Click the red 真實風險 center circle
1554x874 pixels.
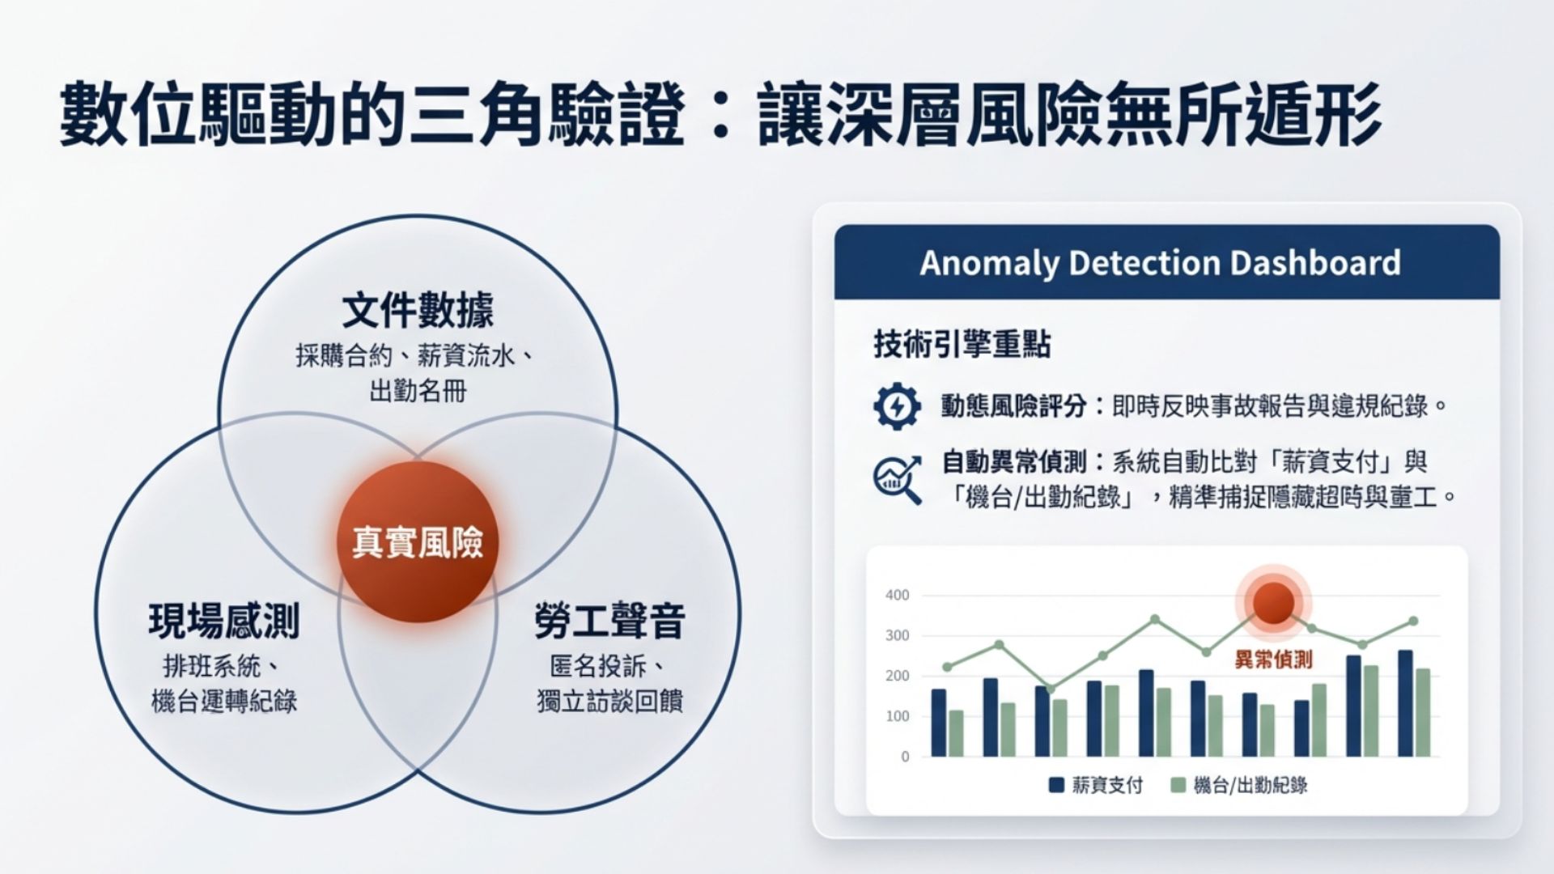click(x=418, y=542)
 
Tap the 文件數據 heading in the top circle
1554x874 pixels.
click(x=418, y=311)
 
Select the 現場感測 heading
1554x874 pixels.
click(x=224, y=621)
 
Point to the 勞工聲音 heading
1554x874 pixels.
click(x=609, y=621)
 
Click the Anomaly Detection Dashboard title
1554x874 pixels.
click(x=1160, y=263)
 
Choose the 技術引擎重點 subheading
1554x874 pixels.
click(x=962, y=345)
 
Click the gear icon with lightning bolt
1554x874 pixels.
click(x=897, y=406)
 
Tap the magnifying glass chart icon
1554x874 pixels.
click(x=898, y=480)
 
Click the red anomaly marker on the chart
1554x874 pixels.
click(x=1274, y=603)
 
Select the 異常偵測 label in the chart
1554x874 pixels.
click(x=1273, y=660)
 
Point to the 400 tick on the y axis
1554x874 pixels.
click(x=898, y=596)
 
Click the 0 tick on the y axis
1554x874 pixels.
click(x=905, y=757)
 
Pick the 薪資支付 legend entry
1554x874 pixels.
click(x=1096, y=785)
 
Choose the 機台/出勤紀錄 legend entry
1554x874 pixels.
click(x=1239, y=785)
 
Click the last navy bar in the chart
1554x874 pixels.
click(x=1405, y=703)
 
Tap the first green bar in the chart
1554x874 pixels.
click(x=956, y=734)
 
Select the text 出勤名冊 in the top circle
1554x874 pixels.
click(x=418, y=392)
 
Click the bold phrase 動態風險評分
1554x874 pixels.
click(x=1013, y=405)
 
